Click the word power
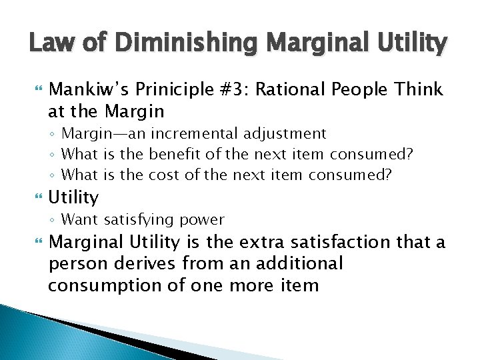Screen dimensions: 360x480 pos(203,219)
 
